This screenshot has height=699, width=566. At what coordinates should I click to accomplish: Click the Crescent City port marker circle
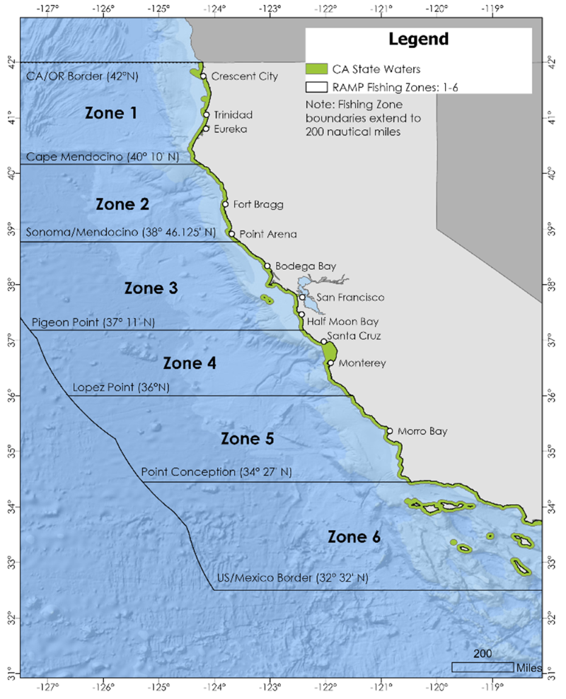coord(203,76)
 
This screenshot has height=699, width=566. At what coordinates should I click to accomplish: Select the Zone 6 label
coord(354,536)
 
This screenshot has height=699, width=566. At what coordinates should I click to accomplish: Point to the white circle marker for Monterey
coord(330,363)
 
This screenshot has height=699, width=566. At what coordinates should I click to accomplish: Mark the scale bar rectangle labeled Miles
coord(483,667)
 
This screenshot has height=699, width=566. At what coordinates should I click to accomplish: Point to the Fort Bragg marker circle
coord(226,204)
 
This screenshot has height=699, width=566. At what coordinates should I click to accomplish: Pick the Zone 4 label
coord(189,363)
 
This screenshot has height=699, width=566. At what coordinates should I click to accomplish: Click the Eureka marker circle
coord(206,129)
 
